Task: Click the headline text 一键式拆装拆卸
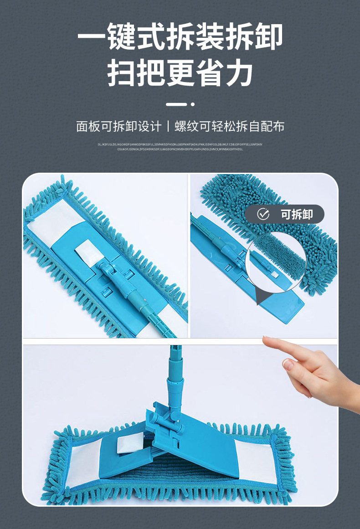click(180, 37)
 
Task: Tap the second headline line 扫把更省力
click(180, 73)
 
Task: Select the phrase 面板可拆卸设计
click(119, 126)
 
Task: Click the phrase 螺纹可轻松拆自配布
click(230, 126)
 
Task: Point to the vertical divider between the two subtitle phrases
click(168, 126)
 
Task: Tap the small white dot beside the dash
click(193, 104)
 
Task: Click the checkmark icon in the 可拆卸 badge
click(263, 214)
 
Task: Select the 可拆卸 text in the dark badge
click(296, 214)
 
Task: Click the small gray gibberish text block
click(180, 147)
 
